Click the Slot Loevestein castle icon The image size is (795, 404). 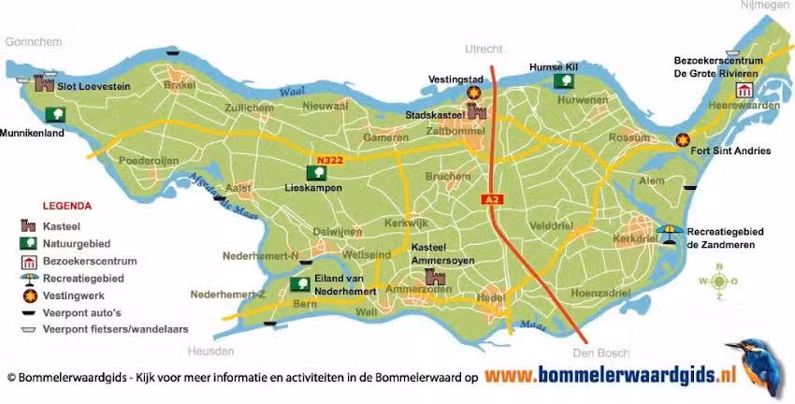pos(43,84)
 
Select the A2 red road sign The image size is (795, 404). pos(490,198)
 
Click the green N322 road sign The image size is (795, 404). pos(327,160)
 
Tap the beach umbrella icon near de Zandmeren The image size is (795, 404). pos(670,231)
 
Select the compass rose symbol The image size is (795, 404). pos(718,281)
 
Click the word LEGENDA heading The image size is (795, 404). pos(66,205)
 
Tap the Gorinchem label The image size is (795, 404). pos(33,41)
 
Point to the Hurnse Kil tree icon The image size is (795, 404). pos(564,81)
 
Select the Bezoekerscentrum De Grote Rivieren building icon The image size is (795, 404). pos(744,90)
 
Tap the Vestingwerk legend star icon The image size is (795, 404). pos(30,296)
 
